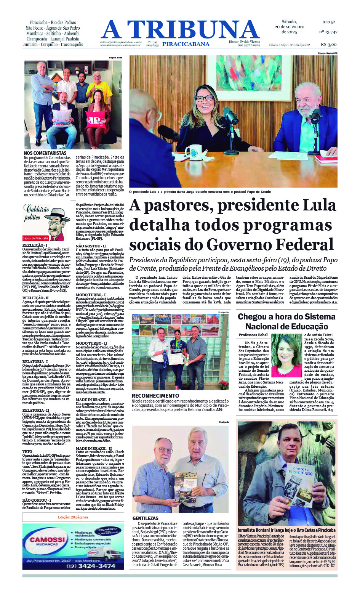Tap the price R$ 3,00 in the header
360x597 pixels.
[x=328, y=44]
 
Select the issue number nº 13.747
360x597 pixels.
[x=328, y=32]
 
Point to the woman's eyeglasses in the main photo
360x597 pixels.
[x=215, y=98]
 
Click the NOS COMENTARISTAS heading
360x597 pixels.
[x=45, y=153]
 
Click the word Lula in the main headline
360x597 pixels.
[x=319, y=205]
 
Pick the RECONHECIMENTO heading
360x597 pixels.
[x=155, y=396]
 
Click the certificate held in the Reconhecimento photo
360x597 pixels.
[x=177, y=358]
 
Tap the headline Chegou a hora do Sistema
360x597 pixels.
[x=286, y=316]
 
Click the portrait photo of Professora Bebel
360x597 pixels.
[x=286, y=355]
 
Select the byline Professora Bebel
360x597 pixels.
[x=253, y=335]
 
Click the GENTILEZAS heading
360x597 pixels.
[x=145, y=518]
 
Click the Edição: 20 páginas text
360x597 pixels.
[x=73, y=517]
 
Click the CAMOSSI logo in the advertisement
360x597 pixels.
[x=48, y=540]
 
